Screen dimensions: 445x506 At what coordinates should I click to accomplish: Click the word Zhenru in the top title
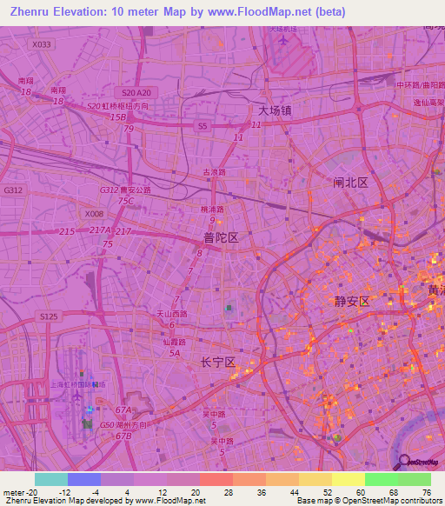click(31, 12)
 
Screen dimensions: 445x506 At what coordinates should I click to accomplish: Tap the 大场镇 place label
click(275, 111)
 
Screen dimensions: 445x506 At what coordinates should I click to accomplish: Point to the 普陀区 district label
click(221, 236)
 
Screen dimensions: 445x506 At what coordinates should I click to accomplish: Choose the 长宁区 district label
click(218, 363)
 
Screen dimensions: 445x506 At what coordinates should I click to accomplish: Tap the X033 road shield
click(41, 43)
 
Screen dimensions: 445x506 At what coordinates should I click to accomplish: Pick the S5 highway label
click(203, 126)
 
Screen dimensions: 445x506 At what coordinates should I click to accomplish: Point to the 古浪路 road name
click(214, 172)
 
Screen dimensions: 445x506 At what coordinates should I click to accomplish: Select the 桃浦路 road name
click(212, 210)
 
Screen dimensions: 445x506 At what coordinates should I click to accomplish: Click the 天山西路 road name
click(171, 314)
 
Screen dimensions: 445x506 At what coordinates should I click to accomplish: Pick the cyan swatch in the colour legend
click(50, 479)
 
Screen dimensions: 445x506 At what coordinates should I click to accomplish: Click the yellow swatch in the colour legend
click(348, 479)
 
